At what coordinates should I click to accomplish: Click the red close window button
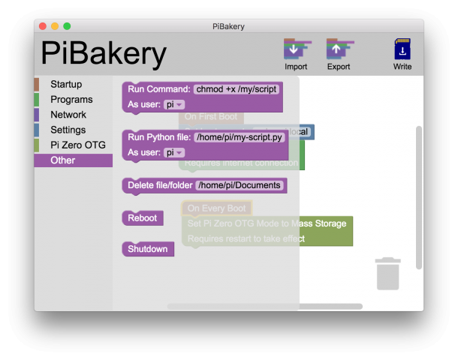click(x=43, y=26)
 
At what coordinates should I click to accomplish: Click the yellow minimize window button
click(x=55, y=26)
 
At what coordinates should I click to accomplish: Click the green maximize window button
click(x=67, y=26)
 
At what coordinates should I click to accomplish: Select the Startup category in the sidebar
click(x=66, y=84)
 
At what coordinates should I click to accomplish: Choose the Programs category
click(x=71, y=99)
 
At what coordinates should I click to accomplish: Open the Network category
click(x=68, y=115)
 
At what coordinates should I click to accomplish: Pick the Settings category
click(x=68, y=130)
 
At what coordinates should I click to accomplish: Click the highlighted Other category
click(x=63, y=160)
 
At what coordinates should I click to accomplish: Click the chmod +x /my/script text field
click(x=237, y=89)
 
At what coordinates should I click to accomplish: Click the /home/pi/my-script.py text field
click(x=240, y=137)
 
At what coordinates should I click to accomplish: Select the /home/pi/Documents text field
click(x=240, y=185)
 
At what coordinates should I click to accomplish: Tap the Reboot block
click(x=142, y=218)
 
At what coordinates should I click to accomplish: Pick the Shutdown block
click(x=147, y=249)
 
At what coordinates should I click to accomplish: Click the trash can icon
click(x=387, y=274)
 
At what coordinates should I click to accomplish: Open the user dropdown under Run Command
click(x=174, y=105)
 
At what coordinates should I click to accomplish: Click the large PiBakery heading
click(x=104, y=54)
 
